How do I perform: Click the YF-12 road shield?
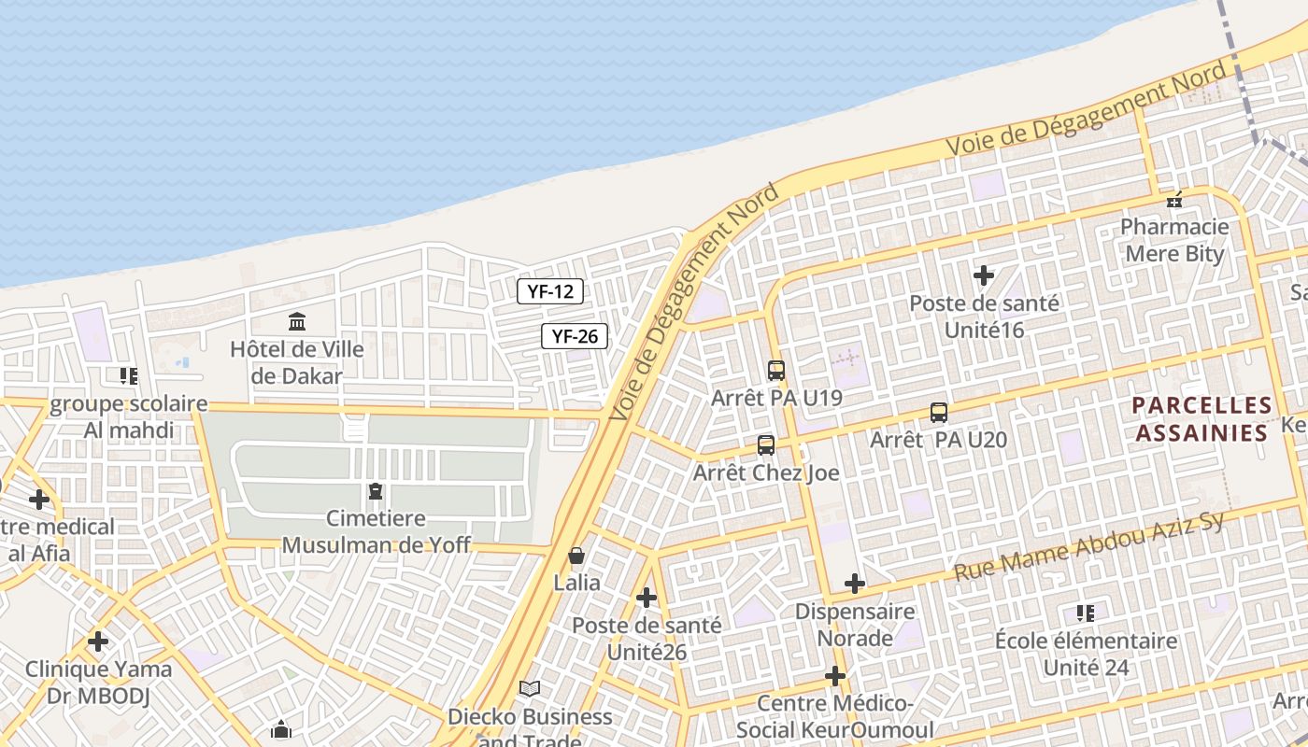tap(550, 291)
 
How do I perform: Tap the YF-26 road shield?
tap(575, 336)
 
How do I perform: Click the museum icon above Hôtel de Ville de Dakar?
tap(297, 322)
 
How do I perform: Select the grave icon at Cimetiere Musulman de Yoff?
tap(376, 490)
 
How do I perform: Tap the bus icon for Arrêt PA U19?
tap(775, 371)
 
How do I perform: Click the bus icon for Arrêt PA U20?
tap(938, 412)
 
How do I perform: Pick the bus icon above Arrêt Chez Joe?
tap(766, 445)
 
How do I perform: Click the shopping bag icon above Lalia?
tap(576, 557)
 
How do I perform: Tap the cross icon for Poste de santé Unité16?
tap(983, 275)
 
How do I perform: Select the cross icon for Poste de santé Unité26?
tap(646, 598)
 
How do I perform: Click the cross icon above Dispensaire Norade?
tap(854, 584)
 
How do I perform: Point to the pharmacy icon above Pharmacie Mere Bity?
tap(1174, 200)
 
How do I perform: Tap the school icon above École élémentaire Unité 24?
tap(1085, 613)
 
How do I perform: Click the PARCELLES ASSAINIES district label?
tap(1201, 419)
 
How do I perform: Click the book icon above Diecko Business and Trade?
tap(530, 689)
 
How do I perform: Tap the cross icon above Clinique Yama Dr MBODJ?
tap(98, 641)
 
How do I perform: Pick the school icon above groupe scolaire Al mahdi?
tap(129, 376)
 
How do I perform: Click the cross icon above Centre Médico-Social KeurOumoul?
tap(834, 676)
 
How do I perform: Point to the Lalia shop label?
tap(577, 583)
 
